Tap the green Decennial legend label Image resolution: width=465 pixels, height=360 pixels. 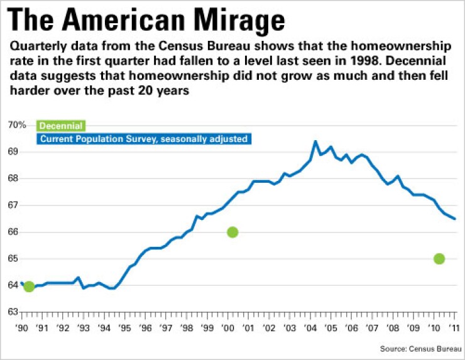pos(62,126)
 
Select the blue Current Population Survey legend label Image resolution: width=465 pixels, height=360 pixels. pos(144,138)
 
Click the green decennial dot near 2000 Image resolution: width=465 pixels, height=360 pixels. pos(232,232)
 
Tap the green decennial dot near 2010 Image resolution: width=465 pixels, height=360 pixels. pos(439,258)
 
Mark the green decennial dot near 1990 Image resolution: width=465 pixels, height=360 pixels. pos(29,287)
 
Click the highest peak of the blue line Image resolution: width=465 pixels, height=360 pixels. pos(315,141)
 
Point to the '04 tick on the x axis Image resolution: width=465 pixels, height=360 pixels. pos(310,328)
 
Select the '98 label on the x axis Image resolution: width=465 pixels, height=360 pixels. pos(187,328)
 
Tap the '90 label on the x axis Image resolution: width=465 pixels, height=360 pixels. pos(22,328)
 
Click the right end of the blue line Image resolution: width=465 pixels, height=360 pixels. pos(455,219)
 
